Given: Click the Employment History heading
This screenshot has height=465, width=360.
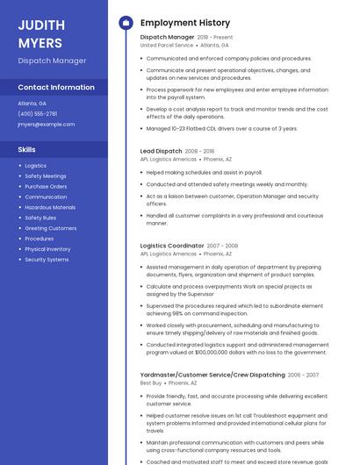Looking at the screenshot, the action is click(x=184, y=23).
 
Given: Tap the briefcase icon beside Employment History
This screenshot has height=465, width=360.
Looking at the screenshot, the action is click(x=125, y=23).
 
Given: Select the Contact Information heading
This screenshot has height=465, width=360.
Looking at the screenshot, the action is click(x=56, y=88).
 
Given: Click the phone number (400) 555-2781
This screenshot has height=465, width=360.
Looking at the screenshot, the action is click(x=37, y=113).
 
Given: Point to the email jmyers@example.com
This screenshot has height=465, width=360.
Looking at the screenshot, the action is click(x=46, y=125).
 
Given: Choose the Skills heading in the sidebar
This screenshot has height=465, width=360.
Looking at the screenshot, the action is click(x=26, y=149).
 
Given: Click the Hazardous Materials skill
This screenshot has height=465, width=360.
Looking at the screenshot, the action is click(x=50, y=208).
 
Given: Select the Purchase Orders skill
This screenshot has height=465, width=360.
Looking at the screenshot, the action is click(x=46, y=187).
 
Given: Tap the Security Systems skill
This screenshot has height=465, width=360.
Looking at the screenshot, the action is click(x=47, y=260).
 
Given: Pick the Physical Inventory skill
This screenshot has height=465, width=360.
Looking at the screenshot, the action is click(x=47, y=249).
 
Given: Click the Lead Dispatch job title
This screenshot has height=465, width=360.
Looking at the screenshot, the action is click(x=161, y=151).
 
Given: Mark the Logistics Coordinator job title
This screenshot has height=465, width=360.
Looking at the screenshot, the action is click(x=171, y=246).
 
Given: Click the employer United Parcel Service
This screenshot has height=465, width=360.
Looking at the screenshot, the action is click(x=166, y=45).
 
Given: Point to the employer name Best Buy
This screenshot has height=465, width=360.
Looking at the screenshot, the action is click(x=151, y=383).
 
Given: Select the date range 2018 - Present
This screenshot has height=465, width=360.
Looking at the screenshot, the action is click(x=215, y=38).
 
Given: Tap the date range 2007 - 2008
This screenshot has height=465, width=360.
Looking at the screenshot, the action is click(x=222, y=246).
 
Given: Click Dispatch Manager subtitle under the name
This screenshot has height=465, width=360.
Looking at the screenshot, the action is click(x=52, y=61).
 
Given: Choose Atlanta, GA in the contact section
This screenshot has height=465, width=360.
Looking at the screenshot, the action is click(x=32, y=103).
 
